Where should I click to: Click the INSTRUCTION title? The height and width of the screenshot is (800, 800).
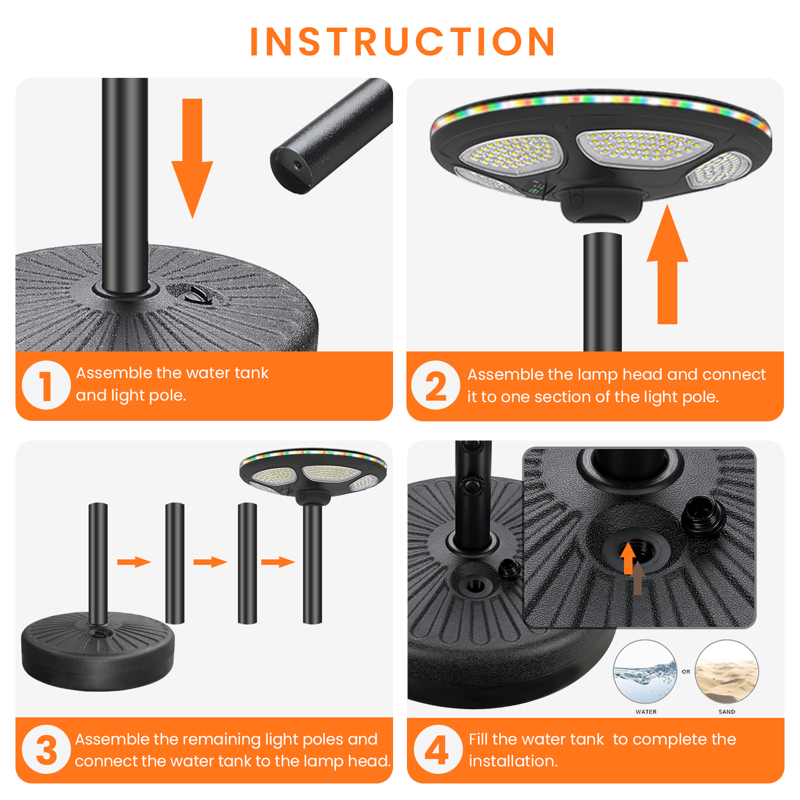point(403,42)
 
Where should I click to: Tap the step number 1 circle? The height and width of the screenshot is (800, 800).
point(46,385)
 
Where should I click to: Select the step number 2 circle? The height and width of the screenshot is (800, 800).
point(436,385)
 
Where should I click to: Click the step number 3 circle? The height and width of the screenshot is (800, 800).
point(46,749)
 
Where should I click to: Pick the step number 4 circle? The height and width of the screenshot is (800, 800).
point(438,749)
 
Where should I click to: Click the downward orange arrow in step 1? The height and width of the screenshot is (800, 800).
point(192,158)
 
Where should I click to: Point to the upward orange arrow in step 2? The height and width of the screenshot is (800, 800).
point(667,264)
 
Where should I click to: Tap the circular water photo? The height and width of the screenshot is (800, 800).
point(645,672)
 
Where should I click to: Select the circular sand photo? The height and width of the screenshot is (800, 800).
point(726,672)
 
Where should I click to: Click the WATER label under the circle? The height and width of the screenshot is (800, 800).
point(646,712)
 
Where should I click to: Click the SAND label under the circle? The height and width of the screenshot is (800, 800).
point(727,712)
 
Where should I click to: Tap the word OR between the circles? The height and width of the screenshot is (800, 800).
point(686,672)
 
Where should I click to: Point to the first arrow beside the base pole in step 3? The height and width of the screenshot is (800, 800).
point(134,562)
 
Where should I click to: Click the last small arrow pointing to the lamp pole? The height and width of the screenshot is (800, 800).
point(278,562)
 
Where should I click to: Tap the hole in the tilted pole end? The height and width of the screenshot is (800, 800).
point(298,164)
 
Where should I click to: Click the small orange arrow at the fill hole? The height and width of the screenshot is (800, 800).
point(629,558)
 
